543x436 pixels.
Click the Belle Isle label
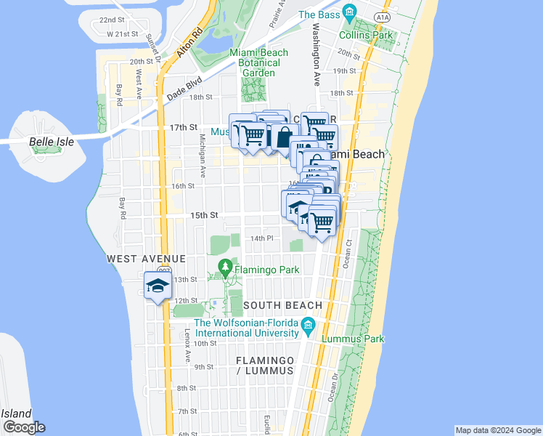[52, 142]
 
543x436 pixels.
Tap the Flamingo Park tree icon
[226, 269]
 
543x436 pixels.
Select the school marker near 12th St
[158, 286]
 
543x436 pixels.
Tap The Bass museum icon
[349, 13]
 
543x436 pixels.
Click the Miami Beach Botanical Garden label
[258, 62]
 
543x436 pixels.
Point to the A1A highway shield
[383, 15]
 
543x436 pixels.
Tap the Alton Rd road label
[189, 43]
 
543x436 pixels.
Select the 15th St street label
[204, 215]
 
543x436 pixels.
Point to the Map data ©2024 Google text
[497, 430]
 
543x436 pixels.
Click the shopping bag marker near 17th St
[284, 136]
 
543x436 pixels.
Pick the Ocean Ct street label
[348, 252]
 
